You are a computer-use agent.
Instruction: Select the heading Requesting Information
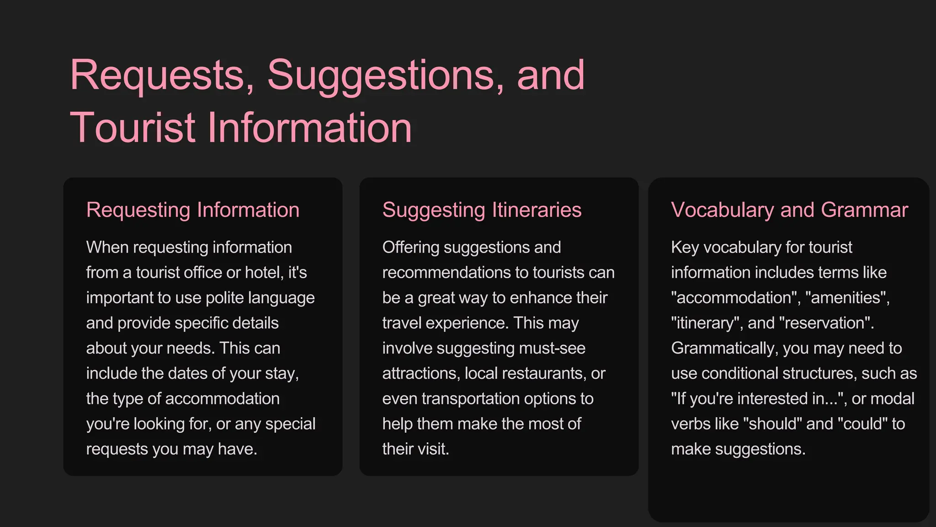point(193,210)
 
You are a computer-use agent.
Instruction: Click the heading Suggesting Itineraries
point(482,210)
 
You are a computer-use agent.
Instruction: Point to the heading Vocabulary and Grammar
point(789,210)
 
